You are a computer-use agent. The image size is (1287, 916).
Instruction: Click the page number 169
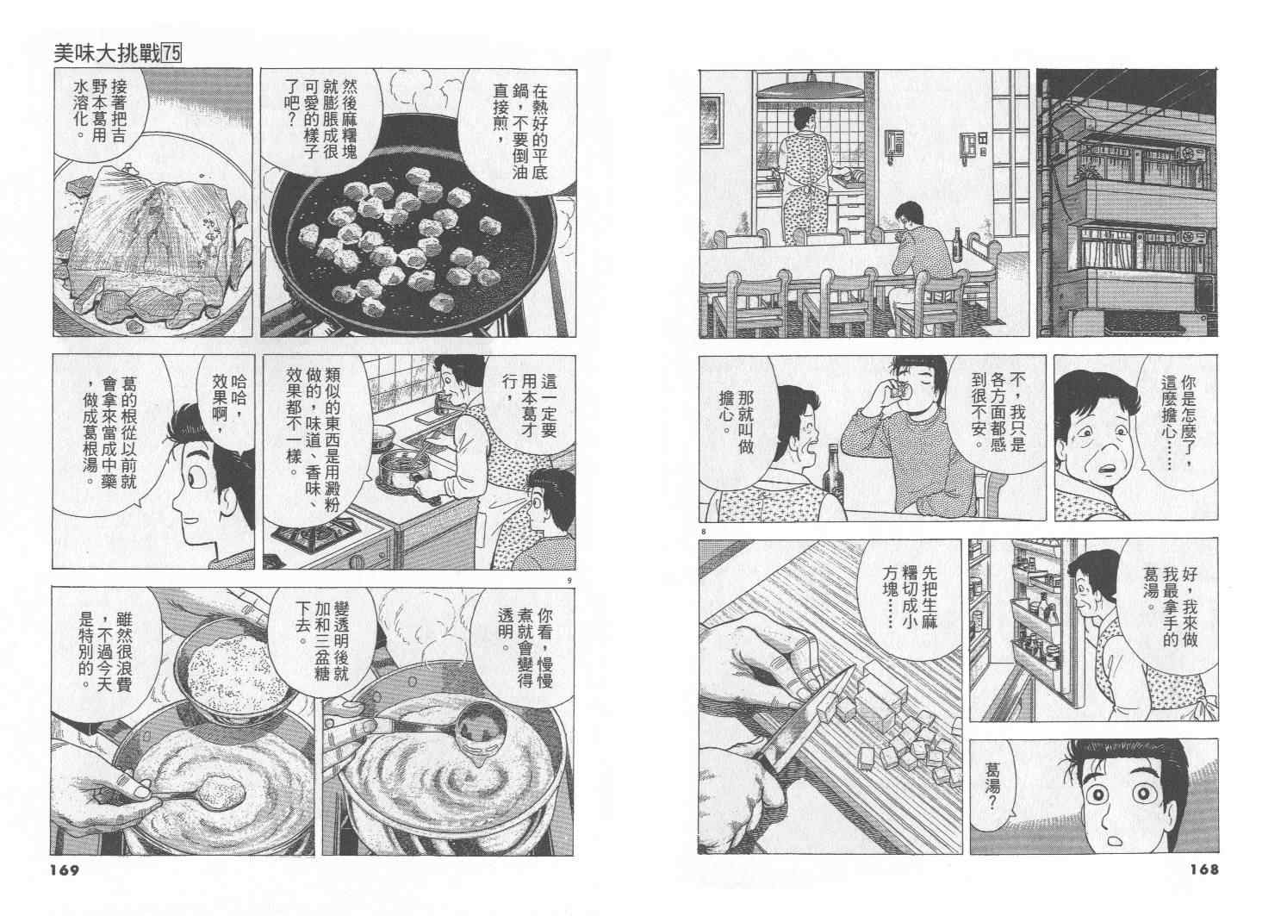(65, 870)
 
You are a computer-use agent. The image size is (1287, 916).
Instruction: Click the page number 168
(1203, 869)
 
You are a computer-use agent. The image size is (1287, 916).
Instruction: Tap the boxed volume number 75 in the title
(171, 54)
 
